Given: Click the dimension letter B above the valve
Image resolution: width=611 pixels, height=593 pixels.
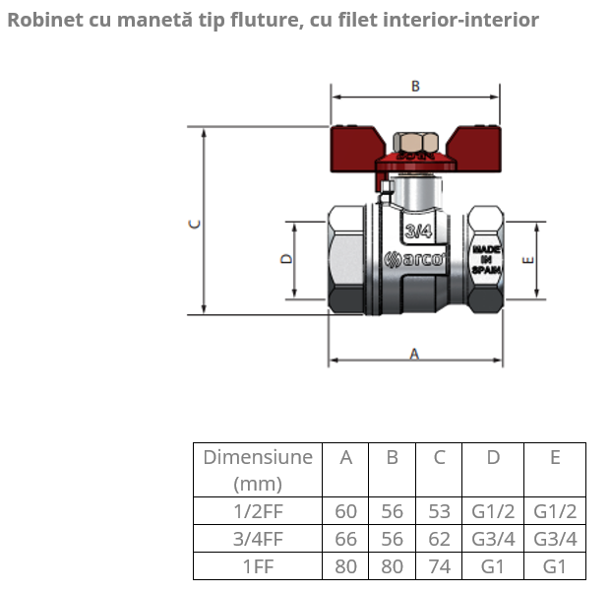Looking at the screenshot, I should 415,87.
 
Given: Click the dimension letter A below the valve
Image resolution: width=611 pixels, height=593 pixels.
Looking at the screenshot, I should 414,354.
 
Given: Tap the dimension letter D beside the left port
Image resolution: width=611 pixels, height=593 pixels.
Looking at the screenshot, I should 286,260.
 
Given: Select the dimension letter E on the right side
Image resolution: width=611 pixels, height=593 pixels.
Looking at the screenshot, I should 527,261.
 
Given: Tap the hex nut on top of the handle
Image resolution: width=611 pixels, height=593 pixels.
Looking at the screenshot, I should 414,141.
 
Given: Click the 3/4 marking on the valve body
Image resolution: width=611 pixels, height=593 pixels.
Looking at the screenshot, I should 418,231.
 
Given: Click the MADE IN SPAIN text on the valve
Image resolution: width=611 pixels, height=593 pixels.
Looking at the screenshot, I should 487,260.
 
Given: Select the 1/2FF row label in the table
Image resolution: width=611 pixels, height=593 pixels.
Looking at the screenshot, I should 258,511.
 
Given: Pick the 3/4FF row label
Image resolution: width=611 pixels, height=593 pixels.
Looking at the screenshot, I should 258,539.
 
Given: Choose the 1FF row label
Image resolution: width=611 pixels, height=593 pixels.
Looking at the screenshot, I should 258,566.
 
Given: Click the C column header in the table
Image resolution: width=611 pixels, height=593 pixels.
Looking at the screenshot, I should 440,457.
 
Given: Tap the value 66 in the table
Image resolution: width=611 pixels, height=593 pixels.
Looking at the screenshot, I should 345,539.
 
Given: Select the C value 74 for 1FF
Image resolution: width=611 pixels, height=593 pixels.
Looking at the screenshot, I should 440,566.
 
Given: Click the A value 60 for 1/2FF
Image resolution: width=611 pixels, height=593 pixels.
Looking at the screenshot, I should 345,511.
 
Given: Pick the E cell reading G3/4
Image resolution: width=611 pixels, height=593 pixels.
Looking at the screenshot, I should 555,539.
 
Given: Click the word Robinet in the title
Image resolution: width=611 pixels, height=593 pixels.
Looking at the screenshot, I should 41,19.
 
